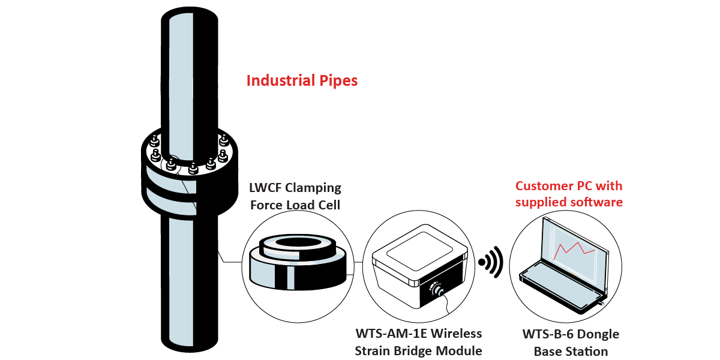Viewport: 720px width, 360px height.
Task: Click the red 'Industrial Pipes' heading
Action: click(x=302, y=80)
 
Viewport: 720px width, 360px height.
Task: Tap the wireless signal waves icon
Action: click(x=491, y=262)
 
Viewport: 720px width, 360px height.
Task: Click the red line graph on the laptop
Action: click(x=574, y=248)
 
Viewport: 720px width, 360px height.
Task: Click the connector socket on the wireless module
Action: click(x=437, y=290)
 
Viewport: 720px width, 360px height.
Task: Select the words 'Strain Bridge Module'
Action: click(x=418, y=351)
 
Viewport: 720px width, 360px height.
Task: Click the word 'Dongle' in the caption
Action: click(x=597, y=334)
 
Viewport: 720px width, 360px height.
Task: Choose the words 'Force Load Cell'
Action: click(x=295, y=205)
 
